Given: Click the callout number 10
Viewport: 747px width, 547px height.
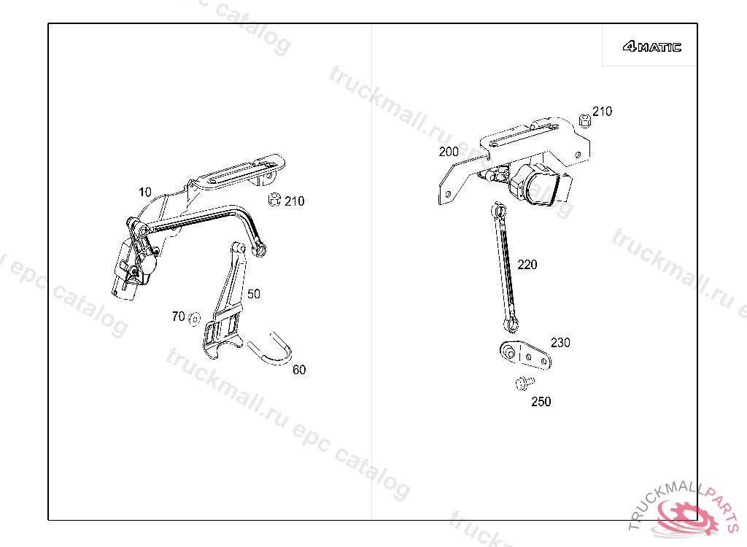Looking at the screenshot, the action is click(x=146, y=192).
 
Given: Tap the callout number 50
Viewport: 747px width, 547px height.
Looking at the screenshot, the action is click(x=253, y=294).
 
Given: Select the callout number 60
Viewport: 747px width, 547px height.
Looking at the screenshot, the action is click(x=299, y=370).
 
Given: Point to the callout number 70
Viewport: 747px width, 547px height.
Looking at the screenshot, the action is click(x=178, y=317).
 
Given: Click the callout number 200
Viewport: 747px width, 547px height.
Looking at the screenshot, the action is click(x=449, y=152).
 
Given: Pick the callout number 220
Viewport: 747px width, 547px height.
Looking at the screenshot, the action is click(x=527, y=265).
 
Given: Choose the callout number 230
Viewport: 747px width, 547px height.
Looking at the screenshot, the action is click(x=560, y=343).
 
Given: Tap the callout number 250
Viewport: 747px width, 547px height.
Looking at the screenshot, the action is click(x=541, y=402).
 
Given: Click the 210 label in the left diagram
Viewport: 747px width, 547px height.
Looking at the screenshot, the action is click(x=295, y=201).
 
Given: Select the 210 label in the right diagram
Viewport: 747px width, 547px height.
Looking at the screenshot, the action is click(x=602, y=112).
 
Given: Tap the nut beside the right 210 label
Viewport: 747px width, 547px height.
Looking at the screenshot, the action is click(x=584, y=120).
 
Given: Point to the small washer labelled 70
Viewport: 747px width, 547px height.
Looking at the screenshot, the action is click(x=194, y=318).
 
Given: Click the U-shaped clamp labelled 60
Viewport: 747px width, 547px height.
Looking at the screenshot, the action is click(x=271, y=350).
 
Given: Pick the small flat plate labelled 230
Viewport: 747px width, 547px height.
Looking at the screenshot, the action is click(x=524, y=355).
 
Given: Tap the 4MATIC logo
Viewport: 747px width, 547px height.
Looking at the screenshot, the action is click(x=651, y=47).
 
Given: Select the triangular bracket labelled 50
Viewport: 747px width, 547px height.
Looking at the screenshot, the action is click(x=226, y=306).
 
